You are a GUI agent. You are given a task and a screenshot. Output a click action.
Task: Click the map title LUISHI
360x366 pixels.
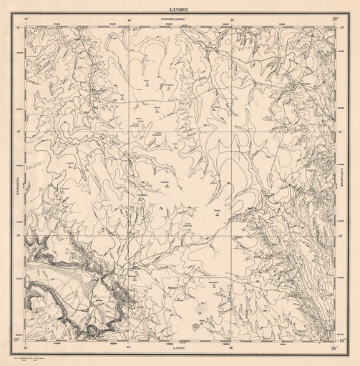[x=180, y=9]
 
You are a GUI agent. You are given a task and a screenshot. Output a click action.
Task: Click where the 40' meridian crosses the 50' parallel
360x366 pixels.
[x=129, y=235]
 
